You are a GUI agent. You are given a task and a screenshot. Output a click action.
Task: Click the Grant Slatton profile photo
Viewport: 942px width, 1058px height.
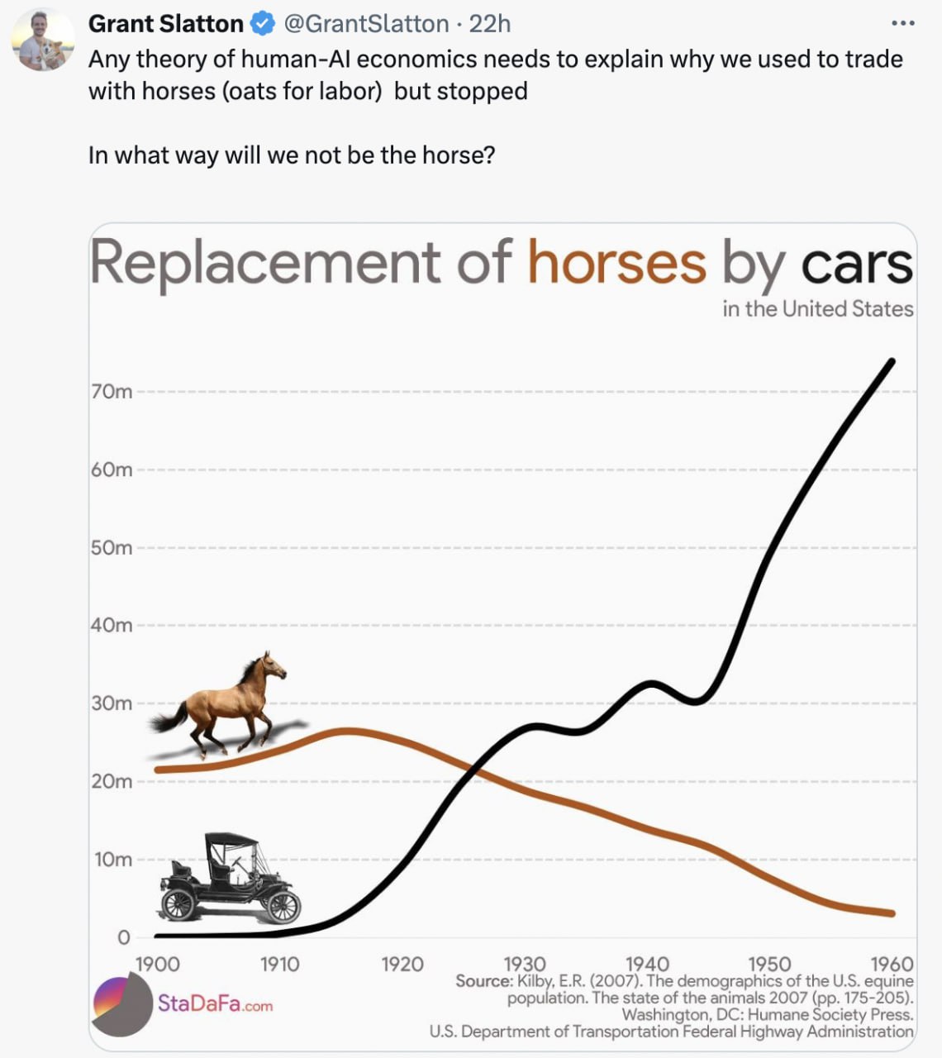tap(43, 40)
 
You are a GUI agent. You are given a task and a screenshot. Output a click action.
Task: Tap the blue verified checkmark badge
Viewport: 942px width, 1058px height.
tap(262, 25)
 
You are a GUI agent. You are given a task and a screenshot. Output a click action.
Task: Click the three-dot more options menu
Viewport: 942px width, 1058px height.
tap(903, 23)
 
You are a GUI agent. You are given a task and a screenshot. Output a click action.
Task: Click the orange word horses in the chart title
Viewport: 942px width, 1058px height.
tap(616, 263)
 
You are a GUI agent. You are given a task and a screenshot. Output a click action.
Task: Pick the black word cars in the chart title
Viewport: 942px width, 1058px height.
tap(856, 264)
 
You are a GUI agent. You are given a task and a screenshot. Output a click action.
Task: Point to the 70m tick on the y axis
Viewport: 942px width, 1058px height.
tap(112, 392)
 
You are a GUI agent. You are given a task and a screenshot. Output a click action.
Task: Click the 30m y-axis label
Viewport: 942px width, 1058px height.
tap(112, 703)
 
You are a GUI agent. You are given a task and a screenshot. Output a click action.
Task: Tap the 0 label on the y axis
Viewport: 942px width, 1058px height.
tap(124, 937)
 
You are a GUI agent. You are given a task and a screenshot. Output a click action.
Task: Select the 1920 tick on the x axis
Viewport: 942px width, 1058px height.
tap(402, 964)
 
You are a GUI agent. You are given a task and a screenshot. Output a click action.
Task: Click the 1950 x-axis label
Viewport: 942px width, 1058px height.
tap(768, 964)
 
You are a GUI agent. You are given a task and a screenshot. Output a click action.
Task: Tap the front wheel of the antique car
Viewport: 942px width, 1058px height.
tap(282, 907)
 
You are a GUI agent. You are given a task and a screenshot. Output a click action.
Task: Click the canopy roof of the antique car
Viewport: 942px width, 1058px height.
tap(231, 840)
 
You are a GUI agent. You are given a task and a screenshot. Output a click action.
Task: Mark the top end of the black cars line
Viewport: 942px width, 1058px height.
tap(892, 361)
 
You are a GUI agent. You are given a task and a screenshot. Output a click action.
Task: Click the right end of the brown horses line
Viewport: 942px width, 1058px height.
tap(892, 913)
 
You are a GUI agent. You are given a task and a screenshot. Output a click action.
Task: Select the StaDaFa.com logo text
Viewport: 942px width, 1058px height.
tap(215, 1004)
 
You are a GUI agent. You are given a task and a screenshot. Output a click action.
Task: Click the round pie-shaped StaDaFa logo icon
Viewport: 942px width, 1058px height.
tap(121, 1004)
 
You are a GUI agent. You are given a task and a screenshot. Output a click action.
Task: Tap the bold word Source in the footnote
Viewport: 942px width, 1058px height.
tap(483, 981)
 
